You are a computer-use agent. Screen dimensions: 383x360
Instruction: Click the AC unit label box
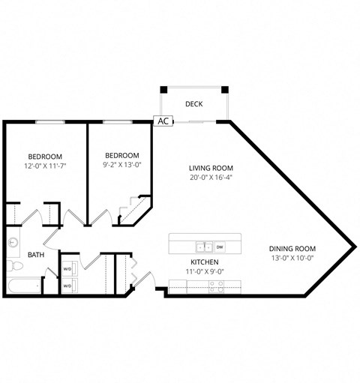click(x=163, y=120)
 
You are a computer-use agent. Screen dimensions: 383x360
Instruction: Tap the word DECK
click(x=194, y=104)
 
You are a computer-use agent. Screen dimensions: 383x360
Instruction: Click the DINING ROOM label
click(x=292, y=249)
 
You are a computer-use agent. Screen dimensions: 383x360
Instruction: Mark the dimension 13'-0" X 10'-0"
click(x=292, y=259)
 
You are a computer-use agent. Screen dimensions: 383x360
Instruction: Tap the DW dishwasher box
click(x=220, y=246)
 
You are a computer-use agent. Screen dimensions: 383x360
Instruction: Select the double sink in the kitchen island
click(x=202, y=246)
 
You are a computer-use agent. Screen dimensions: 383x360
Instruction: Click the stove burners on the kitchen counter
click(x=216, y=285)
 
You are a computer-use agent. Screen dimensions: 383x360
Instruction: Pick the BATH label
click(x=35, y=255)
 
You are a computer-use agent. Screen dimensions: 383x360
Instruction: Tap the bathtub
click(x=22, y=286)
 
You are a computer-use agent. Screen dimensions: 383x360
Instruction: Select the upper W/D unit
click(x=67, y=268)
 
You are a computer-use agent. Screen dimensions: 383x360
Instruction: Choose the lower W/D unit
click(x=67, y=286)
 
